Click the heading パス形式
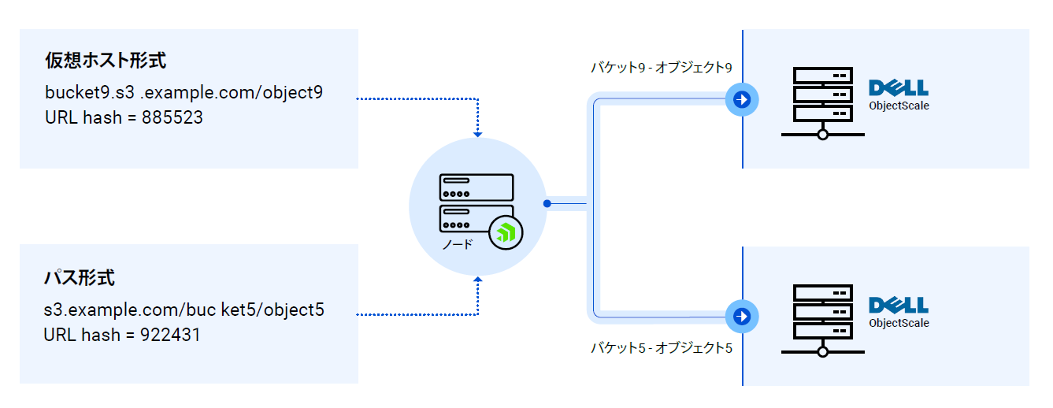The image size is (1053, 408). pyautogui.click(x=80, y=278)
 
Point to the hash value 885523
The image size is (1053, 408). pyautogui.click(x=172, y=118)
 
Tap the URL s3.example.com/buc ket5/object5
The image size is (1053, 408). pyautogui.click(x=184, y=309)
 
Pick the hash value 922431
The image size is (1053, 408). pyautogui.click(x=170, y=335)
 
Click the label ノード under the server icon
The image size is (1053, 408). pyautogui.click(x=458, y=245)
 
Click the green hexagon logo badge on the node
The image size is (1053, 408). pyautogui.click(x=506, y=232)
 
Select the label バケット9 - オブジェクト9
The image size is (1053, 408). pyautogui.click(x=662, y=69)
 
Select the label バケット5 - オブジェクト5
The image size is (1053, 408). pyautogui.click(x=662, y=347)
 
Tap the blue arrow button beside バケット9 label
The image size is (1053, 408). pyautogui.click(x=741, y=99)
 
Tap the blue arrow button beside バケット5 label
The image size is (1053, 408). pyautogui.click(x=741, y=316)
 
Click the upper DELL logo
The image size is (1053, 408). pyautogui.click(x=898, y=87)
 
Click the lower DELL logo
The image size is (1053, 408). pyautogui.click(x=898, y=306)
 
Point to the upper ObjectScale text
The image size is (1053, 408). pyautogui.click(x=899, y=106)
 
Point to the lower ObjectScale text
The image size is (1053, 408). pyautogui.click(x=899, y=324)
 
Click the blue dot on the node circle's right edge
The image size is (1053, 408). pyautogui.click(x=547, y=204)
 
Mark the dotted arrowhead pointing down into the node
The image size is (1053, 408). pyautogui.click(x=477, y=134)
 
